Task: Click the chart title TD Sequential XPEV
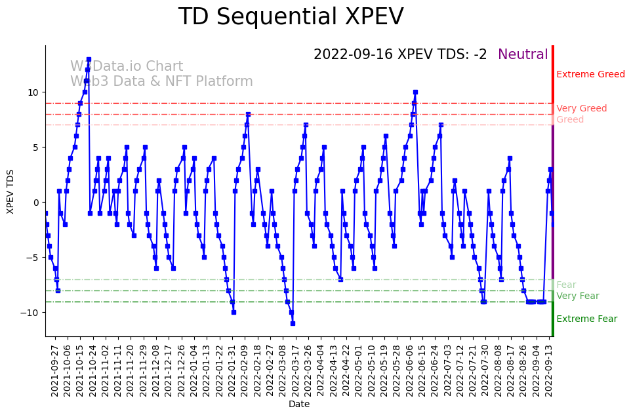(x=291, y=17)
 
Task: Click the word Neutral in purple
(x=523, y=54)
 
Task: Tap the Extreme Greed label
(x=590, y=75)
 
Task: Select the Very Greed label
(x=581, y=109)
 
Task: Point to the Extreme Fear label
(x=586, y=319)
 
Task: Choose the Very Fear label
(x=577, y=296)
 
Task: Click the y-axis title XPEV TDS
(x=10, y=191)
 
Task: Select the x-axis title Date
(x=298, y=405)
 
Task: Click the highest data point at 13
(x=89, y=59)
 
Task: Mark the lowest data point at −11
(x=293, y=323)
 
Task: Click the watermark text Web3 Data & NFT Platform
(x=161, y=81)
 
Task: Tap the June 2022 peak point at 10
(x=415, y=92)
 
